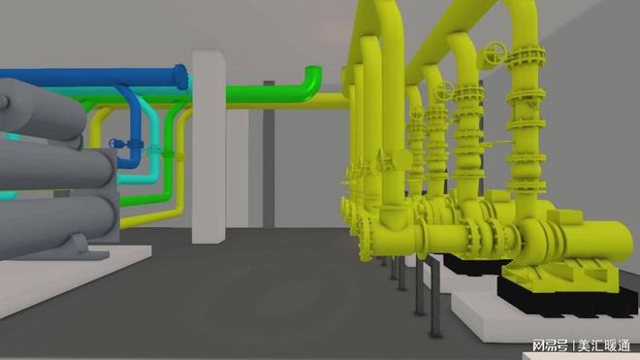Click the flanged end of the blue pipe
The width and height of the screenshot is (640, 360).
(180, 77)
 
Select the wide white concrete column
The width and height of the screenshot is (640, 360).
(208, 147)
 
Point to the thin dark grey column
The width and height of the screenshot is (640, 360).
(269, 155)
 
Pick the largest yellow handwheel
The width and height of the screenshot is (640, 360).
(496, 53)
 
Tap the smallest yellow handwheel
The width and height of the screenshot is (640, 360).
(417, 113)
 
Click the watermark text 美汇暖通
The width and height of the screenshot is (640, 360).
(603, 345)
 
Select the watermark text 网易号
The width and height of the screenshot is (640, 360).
(550, 345)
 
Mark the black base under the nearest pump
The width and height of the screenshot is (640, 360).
(567, 298)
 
